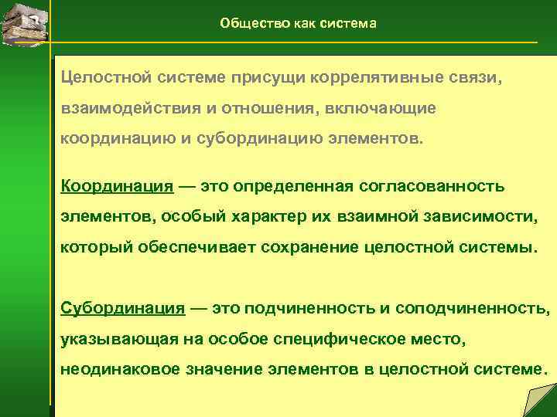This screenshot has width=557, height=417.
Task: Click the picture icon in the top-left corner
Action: tap(23, 24)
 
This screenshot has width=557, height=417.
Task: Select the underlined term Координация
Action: tap(116, 186)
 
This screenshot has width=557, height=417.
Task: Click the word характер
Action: tap(258, 216)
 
